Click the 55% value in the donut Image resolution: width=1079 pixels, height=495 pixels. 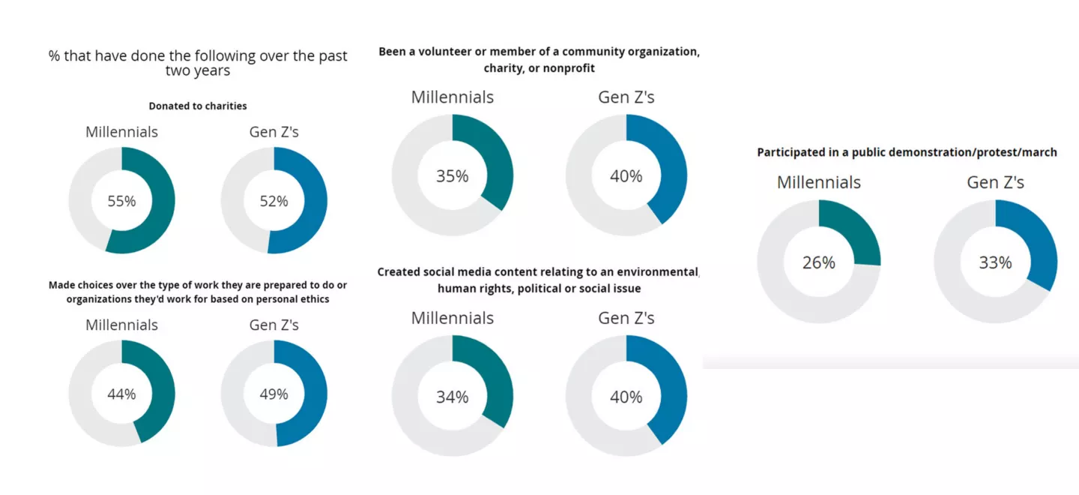click(121, 201)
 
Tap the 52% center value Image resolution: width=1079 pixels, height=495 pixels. click(273, 201)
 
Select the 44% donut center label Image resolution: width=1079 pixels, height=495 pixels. click(121, 394)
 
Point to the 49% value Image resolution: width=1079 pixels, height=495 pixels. click(273, 394)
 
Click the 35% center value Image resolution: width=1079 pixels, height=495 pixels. click(452, 176)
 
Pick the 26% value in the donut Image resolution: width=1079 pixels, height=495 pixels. click(818, 262)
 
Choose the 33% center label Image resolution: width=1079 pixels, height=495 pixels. click(995, 262)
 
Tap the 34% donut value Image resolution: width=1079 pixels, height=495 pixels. click(452, 397)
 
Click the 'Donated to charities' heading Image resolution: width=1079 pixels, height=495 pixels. click(198, 106)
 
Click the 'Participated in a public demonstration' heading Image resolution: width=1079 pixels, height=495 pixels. click(907, 152)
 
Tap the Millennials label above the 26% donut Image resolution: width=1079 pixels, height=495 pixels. click(818, 182)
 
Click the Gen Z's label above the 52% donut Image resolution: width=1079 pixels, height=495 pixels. click(273, 132)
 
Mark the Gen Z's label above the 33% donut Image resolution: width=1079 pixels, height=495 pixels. click(995, 182)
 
